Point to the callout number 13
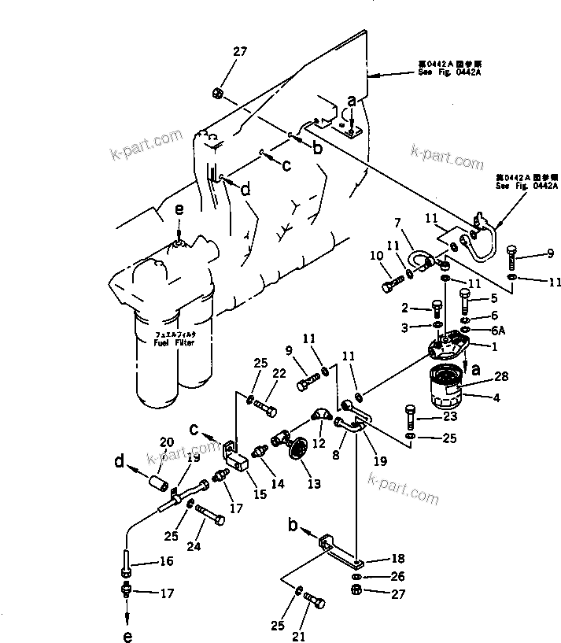(x=314, y=485)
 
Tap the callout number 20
(x=166, y=441)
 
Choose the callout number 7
(x=398, y=224)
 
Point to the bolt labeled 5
(x=464, y=299)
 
